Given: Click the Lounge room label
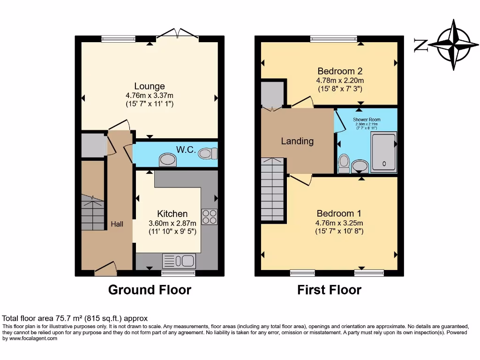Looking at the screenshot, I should point(150,86).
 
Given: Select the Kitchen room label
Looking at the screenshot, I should point(172,214).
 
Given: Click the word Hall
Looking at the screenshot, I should point(117,225).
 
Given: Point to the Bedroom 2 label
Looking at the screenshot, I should point(340,71).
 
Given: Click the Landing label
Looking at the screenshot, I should point(297,141).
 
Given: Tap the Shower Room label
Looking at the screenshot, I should point(367,120).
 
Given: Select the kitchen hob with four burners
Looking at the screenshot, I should point(209,217).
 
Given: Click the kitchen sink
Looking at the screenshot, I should point(179,261).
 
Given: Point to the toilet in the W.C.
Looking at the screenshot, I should point(208,153).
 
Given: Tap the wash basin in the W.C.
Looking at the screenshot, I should point(168,160).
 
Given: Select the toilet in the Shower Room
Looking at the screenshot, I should point(344,163).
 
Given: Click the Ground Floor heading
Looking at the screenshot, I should point(150,290).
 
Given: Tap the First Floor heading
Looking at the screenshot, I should point(329,290).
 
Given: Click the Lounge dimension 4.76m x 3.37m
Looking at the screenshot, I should point(150,96).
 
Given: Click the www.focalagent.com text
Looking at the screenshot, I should point(30,338).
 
